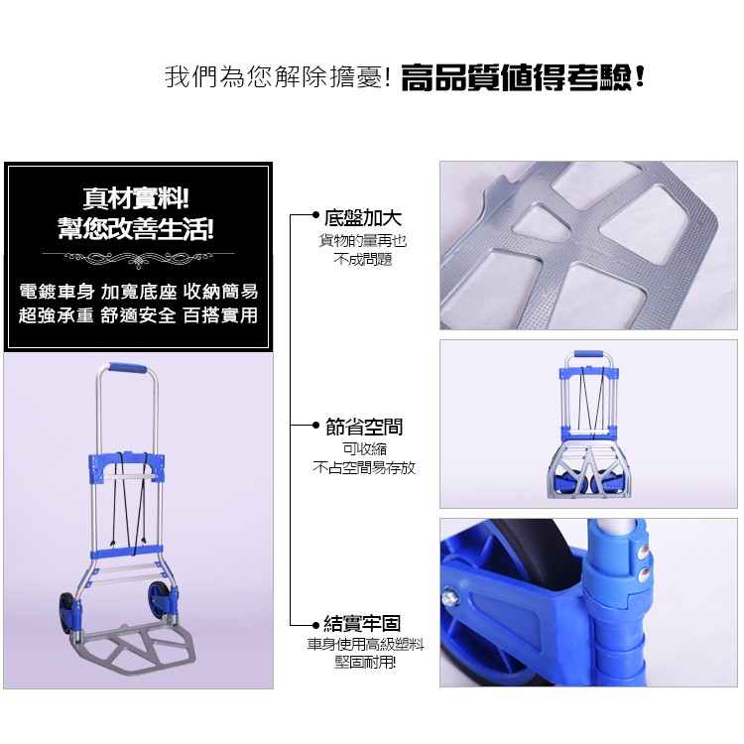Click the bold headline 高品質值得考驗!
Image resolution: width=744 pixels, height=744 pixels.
point(523,77)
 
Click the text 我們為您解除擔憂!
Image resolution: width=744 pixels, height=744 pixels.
point(278,76)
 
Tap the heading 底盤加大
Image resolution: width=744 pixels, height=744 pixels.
point(363,218)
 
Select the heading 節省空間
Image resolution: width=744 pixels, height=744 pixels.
point(364,427)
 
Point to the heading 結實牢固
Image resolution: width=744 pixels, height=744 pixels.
point(362,624)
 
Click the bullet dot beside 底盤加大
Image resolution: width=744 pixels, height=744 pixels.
point(315,215)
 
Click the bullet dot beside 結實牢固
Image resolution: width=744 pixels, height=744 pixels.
point(315,625)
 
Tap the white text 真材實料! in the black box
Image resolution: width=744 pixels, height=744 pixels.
point(136,197)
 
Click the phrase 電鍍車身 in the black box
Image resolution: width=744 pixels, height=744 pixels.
point(57,292)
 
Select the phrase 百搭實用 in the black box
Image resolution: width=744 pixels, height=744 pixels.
point(220,315)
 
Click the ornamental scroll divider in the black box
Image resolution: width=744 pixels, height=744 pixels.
point(138,258)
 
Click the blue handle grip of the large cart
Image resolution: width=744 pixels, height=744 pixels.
point(127,368)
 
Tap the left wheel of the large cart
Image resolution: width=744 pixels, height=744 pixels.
point(66,612)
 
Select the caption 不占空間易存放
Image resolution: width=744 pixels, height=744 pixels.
point(364,468)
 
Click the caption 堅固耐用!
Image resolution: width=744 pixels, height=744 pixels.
point(364,663)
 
